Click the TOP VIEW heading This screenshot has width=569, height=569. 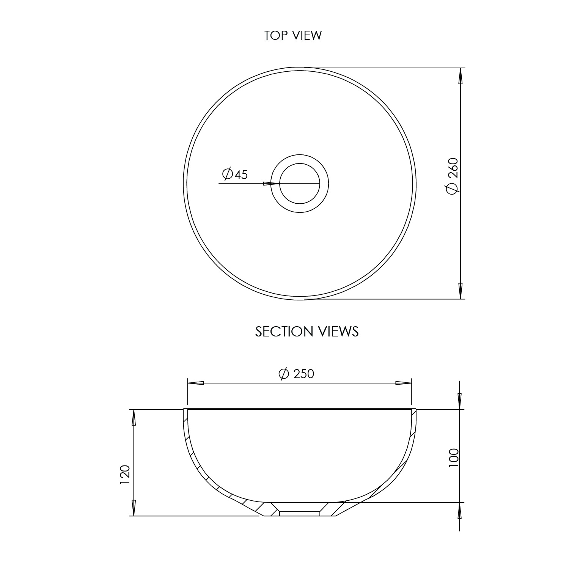point(293,35)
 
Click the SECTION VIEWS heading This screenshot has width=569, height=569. point(307,332)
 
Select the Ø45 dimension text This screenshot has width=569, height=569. point(235,174)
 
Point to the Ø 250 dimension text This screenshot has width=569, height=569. point(296,374)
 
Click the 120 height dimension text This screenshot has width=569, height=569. point(125,474)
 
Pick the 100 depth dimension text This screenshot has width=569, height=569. point(453,458)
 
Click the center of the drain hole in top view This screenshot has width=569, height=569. point(300,184)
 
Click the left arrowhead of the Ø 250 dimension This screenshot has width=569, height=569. point(196,383)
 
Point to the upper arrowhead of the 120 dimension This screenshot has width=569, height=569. point(134,418)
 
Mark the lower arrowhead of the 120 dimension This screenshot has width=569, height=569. point(134,508)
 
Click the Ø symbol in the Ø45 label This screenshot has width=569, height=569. point(228,174)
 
